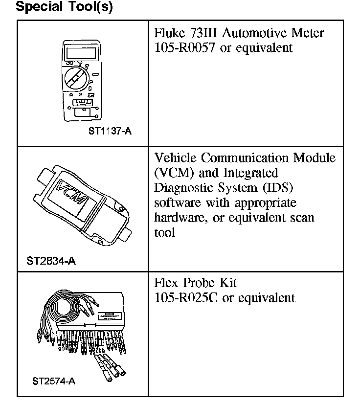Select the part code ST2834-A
(x=51, y=261)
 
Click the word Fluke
(x=168, y=33)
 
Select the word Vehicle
(x=175, y=158)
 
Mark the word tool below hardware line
(x=164, y=233)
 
